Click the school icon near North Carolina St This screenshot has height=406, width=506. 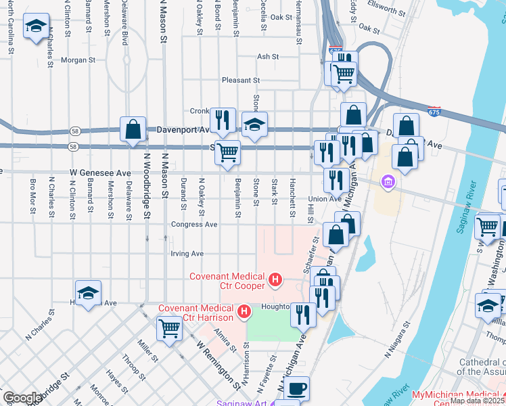point(36,28)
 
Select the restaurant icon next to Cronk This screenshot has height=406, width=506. point(223,120)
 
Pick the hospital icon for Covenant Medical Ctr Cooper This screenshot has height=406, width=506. point(275,279)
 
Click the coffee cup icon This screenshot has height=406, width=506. point(296,388)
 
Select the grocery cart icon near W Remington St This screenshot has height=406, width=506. point(168,330)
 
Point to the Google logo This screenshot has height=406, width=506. point(22,398)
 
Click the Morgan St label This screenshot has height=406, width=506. point(78,60)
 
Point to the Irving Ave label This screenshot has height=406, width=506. point(187,254)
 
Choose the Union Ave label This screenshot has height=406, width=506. point(325,199)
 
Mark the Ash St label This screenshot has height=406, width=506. point(268,57)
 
